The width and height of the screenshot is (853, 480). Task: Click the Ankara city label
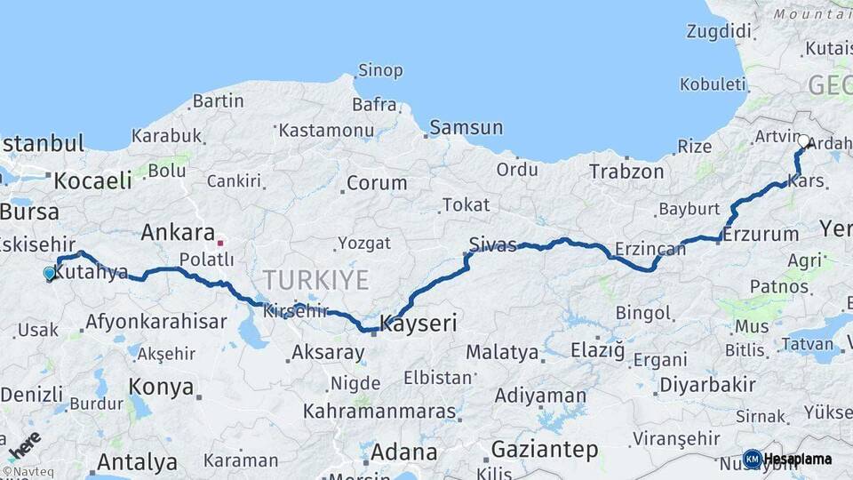coord(178,233)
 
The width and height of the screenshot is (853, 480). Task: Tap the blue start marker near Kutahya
coord(50,274)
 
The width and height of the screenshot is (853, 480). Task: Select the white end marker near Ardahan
coord(803,140)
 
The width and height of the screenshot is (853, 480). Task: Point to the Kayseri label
coord(419,324)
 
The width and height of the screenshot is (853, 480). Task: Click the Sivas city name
coord(492,245)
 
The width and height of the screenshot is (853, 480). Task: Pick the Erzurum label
coord(761,236)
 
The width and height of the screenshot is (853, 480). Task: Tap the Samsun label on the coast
coord(466,127)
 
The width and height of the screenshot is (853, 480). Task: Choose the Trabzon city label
coord(626,172)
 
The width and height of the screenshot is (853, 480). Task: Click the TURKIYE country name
coord(315,281)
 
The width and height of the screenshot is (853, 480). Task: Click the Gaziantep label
coord(545,450)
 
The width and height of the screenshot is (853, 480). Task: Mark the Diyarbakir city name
coord(707,386)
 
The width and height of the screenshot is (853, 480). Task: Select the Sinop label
coord(380,70)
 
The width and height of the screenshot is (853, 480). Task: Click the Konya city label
coord(161,387)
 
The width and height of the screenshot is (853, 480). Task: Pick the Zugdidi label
coord(718,31)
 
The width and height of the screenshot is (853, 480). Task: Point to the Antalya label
coord(137,462)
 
